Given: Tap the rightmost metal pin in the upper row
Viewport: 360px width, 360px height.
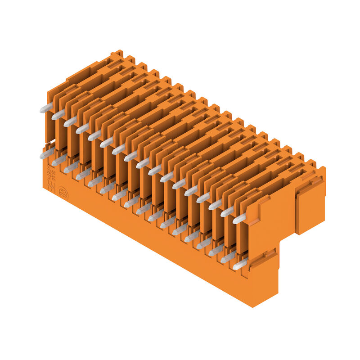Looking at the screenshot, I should pyautogui.click(x=239, y=219).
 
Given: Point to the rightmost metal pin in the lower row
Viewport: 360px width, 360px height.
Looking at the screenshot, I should pyautogui.click(x=240, y=265).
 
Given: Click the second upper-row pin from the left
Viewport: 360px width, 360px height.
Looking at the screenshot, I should pyautogui.click(x=58, y=115).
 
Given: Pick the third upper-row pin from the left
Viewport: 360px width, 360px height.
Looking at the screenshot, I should pyautogui.click(x=70, y=122).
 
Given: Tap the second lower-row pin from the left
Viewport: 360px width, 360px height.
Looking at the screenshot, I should pyautogui.click(x=59, y=161).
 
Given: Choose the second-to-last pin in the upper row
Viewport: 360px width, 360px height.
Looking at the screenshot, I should pyautogui.click(x=227, y=211).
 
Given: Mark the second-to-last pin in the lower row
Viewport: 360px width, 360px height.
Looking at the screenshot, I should pyautogui.click(x=228, y=257).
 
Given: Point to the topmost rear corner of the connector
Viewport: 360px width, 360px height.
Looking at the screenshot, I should pyautogui.click(x=118, y=51).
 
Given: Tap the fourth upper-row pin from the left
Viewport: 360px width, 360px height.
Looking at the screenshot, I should pyautogui.click(x=82, y=129).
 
